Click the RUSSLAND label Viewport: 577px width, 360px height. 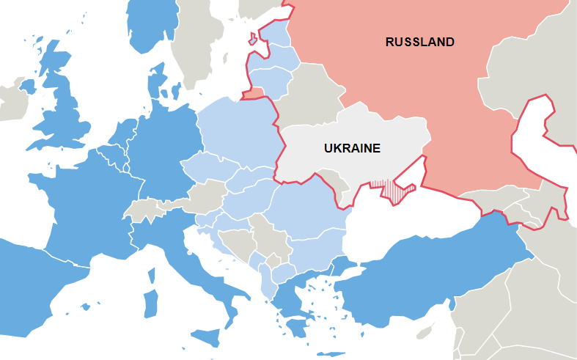[x=419, y=42]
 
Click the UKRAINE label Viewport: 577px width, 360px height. [x=352, y=148]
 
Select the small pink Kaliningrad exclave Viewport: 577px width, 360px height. [x=253, y=93]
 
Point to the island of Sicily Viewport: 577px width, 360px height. [x=207, y=338]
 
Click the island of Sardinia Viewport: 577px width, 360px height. [x=150, y=304]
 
